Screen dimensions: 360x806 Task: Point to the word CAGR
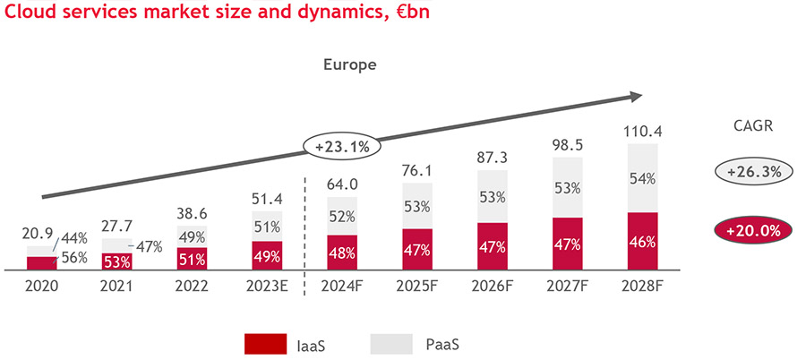[x=748, y=126]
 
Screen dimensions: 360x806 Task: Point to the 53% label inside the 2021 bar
[x=117, y=261]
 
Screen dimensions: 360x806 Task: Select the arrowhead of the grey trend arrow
[x=635, y=97]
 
